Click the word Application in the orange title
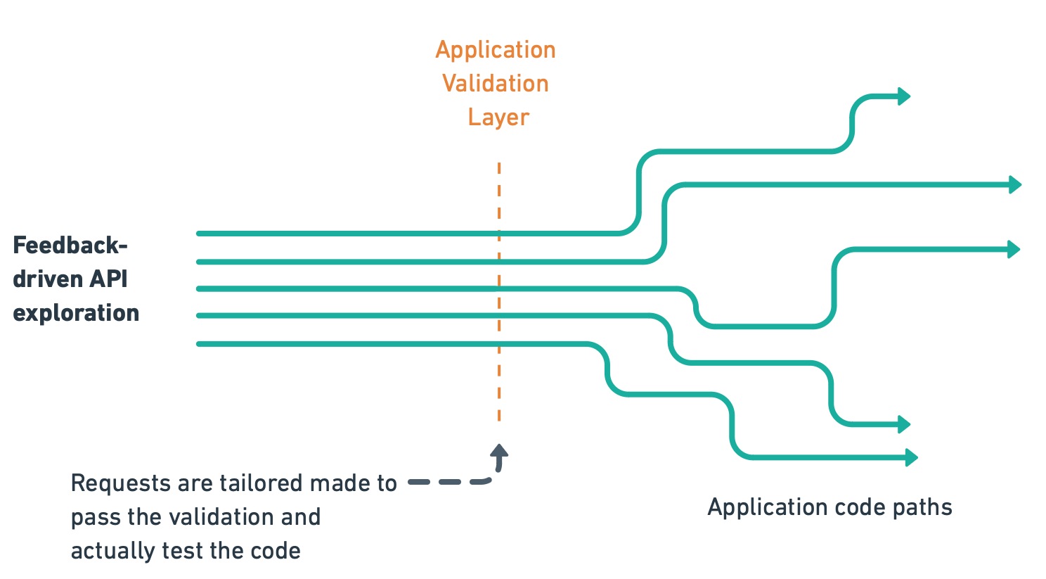point(496,51)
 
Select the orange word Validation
point(496,84)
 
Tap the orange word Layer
point(498,117)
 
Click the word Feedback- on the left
point(70,246)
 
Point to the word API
point(108,279)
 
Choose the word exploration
point(76,312)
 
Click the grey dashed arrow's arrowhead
point(499,452)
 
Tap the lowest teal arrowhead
point(911,458)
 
